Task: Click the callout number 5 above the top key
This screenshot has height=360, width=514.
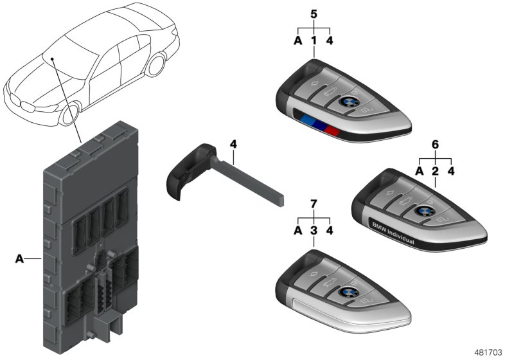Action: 314,13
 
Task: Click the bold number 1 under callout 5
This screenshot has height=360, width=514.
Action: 314,40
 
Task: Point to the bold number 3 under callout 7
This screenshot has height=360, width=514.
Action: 313,231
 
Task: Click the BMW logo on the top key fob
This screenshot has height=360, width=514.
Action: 348,102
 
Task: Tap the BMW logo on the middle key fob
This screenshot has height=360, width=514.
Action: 424,211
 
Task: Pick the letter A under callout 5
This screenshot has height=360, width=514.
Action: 297,40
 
